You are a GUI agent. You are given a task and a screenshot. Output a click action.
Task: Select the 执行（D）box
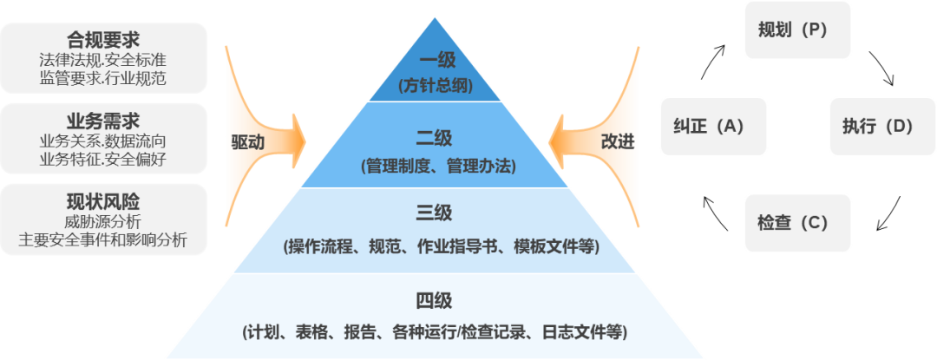tap(877, 127)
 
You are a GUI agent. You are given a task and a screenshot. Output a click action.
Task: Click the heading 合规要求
tap(103, 40)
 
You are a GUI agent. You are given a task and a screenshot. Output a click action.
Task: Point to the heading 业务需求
tap(103, 121)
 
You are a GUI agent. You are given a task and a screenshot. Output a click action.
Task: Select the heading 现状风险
tap(103, 202)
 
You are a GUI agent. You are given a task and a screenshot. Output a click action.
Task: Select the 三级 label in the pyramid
tap(440, 213)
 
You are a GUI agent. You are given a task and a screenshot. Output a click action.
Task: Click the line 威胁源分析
tap(103, 222)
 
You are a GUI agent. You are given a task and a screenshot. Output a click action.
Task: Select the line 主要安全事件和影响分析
tap(103, 240)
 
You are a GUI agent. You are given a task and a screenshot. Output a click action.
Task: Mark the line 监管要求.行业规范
tap(103, 78)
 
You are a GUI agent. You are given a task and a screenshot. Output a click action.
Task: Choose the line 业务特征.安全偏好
tap(103, 159)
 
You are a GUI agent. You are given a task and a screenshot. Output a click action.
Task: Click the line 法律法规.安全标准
tap(103, 60)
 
